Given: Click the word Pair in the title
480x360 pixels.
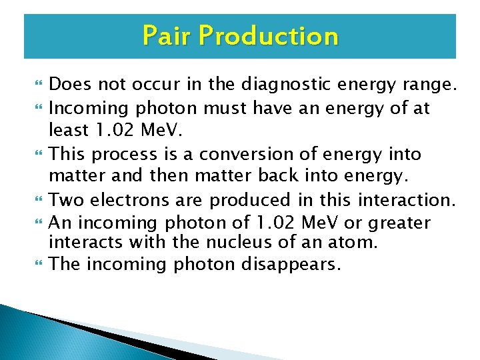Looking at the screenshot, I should click(163, 35).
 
